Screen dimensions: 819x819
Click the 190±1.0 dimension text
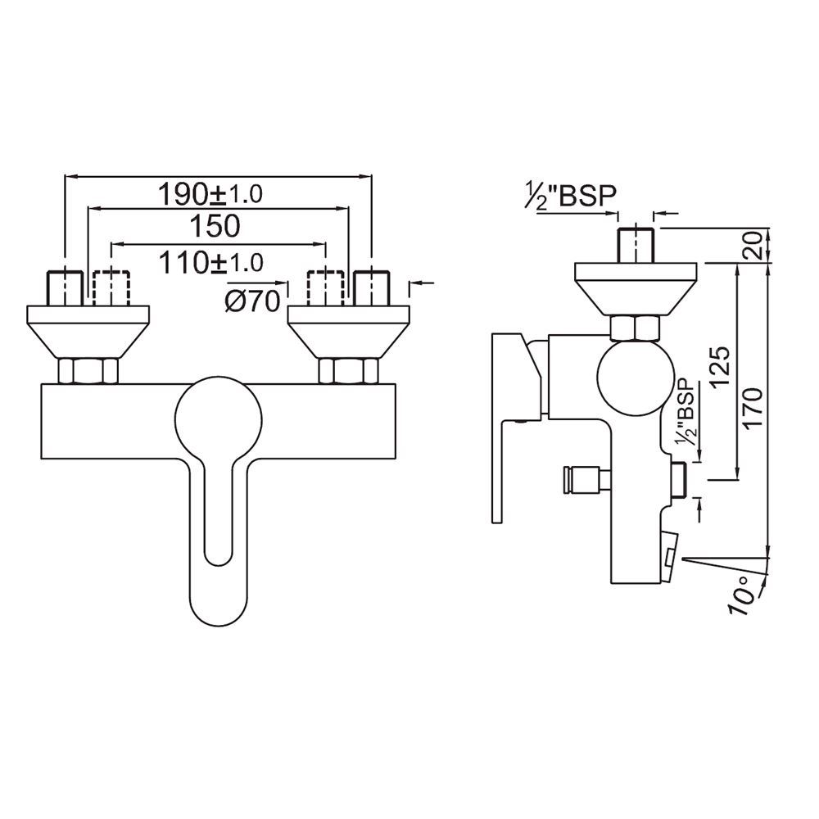[x=211, y=195]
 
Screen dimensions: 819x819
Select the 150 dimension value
[x=214, y=225]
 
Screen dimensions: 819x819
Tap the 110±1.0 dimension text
[x=211, y=263]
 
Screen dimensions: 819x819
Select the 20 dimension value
[x=755, y=244]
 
